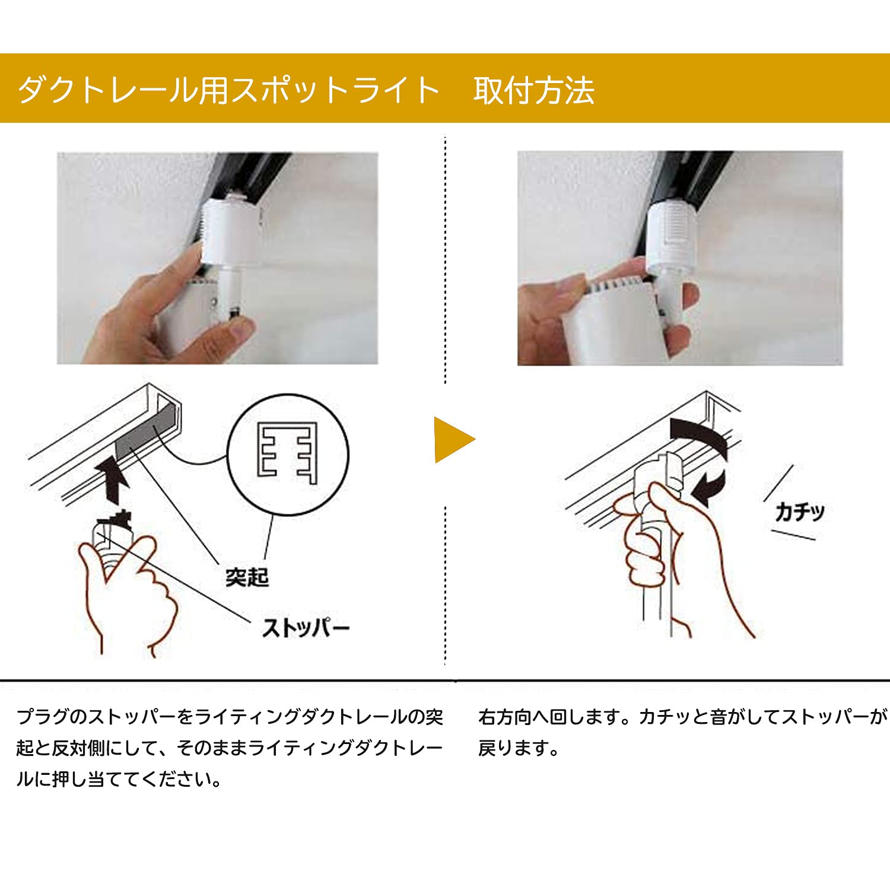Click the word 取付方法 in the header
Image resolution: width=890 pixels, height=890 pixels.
tap(533, 91)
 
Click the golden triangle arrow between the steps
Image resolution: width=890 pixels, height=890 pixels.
tap(452, 440)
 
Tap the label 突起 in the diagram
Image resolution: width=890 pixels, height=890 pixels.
tap(247, 577)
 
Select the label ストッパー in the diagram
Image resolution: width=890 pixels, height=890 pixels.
tap(306, 628)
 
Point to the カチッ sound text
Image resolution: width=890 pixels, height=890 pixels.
tap(799, 511)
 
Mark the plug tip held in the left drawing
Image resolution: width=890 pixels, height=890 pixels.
tap(114, 522)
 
